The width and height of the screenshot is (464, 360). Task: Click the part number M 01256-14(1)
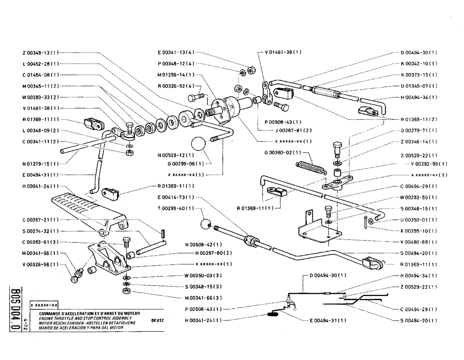click(x=176, y=75)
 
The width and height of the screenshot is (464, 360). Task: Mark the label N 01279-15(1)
click(x=40, y=164)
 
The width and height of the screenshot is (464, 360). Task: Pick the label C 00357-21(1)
click(x=40, y=219)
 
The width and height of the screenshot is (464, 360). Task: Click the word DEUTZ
click(x=158, y=320)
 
